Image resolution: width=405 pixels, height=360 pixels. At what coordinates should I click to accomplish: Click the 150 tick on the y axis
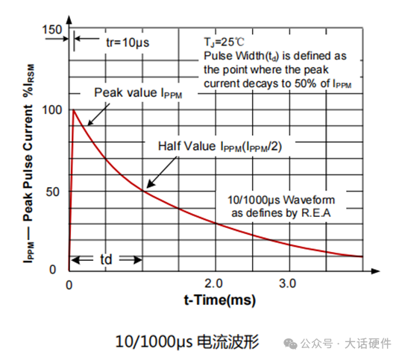click(x=53, y=30)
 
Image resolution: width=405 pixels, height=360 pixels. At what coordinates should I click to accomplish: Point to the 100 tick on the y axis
click(x=53, y=110)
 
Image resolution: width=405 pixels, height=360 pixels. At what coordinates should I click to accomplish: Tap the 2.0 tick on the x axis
click(x=214, y=284)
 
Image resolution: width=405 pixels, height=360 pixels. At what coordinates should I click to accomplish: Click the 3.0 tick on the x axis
click(x=287, y=284)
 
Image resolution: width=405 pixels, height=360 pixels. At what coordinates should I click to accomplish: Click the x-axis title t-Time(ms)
click(x=219, y=301)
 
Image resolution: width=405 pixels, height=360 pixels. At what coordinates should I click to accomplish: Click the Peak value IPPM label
click(x=137, y=92)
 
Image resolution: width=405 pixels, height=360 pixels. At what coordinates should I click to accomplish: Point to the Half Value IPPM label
click(x=224, y=147)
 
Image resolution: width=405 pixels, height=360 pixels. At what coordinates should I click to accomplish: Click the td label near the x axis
click(x=107, y=259)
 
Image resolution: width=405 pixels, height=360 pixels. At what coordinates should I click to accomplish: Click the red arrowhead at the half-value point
click(x=147, y=185)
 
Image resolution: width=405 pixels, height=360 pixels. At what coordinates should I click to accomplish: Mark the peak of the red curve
click(x=73, y=110)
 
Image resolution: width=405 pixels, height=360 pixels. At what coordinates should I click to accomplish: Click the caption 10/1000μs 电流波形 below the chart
click(x=186, y=341)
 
